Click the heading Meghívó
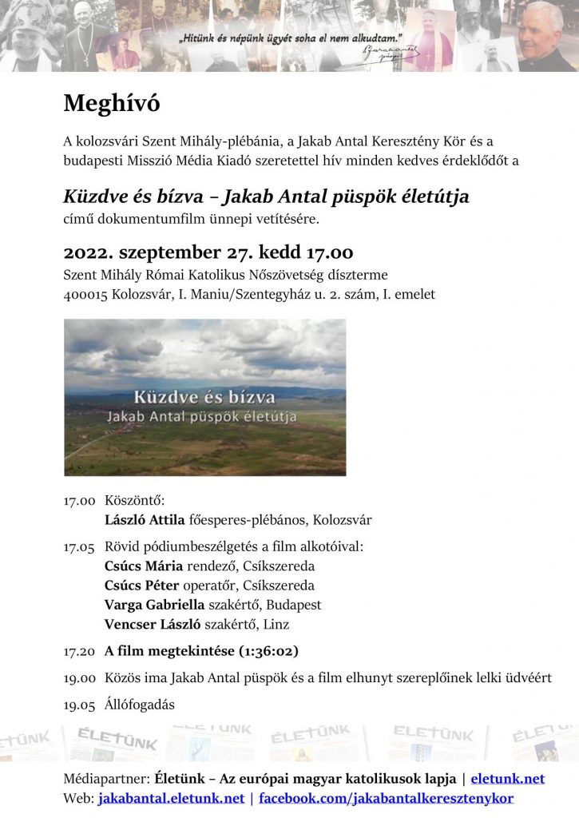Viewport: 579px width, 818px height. [x=112, y=103]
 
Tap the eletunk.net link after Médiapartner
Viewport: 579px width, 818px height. [x=507, y=778]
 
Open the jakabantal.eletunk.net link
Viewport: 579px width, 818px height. [x=171, y=797]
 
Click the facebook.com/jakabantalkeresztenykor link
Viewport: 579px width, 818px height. [x=386, y=797]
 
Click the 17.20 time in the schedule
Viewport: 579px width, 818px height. [x=79, y=651]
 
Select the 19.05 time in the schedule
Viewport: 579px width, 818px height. [x=79, y=705]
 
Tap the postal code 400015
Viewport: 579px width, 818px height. [x=85, y=295]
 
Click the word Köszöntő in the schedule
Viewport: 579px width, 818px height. [x=134, y=501]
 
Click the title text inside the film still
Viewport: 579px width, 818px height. [x=205, y=397]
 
